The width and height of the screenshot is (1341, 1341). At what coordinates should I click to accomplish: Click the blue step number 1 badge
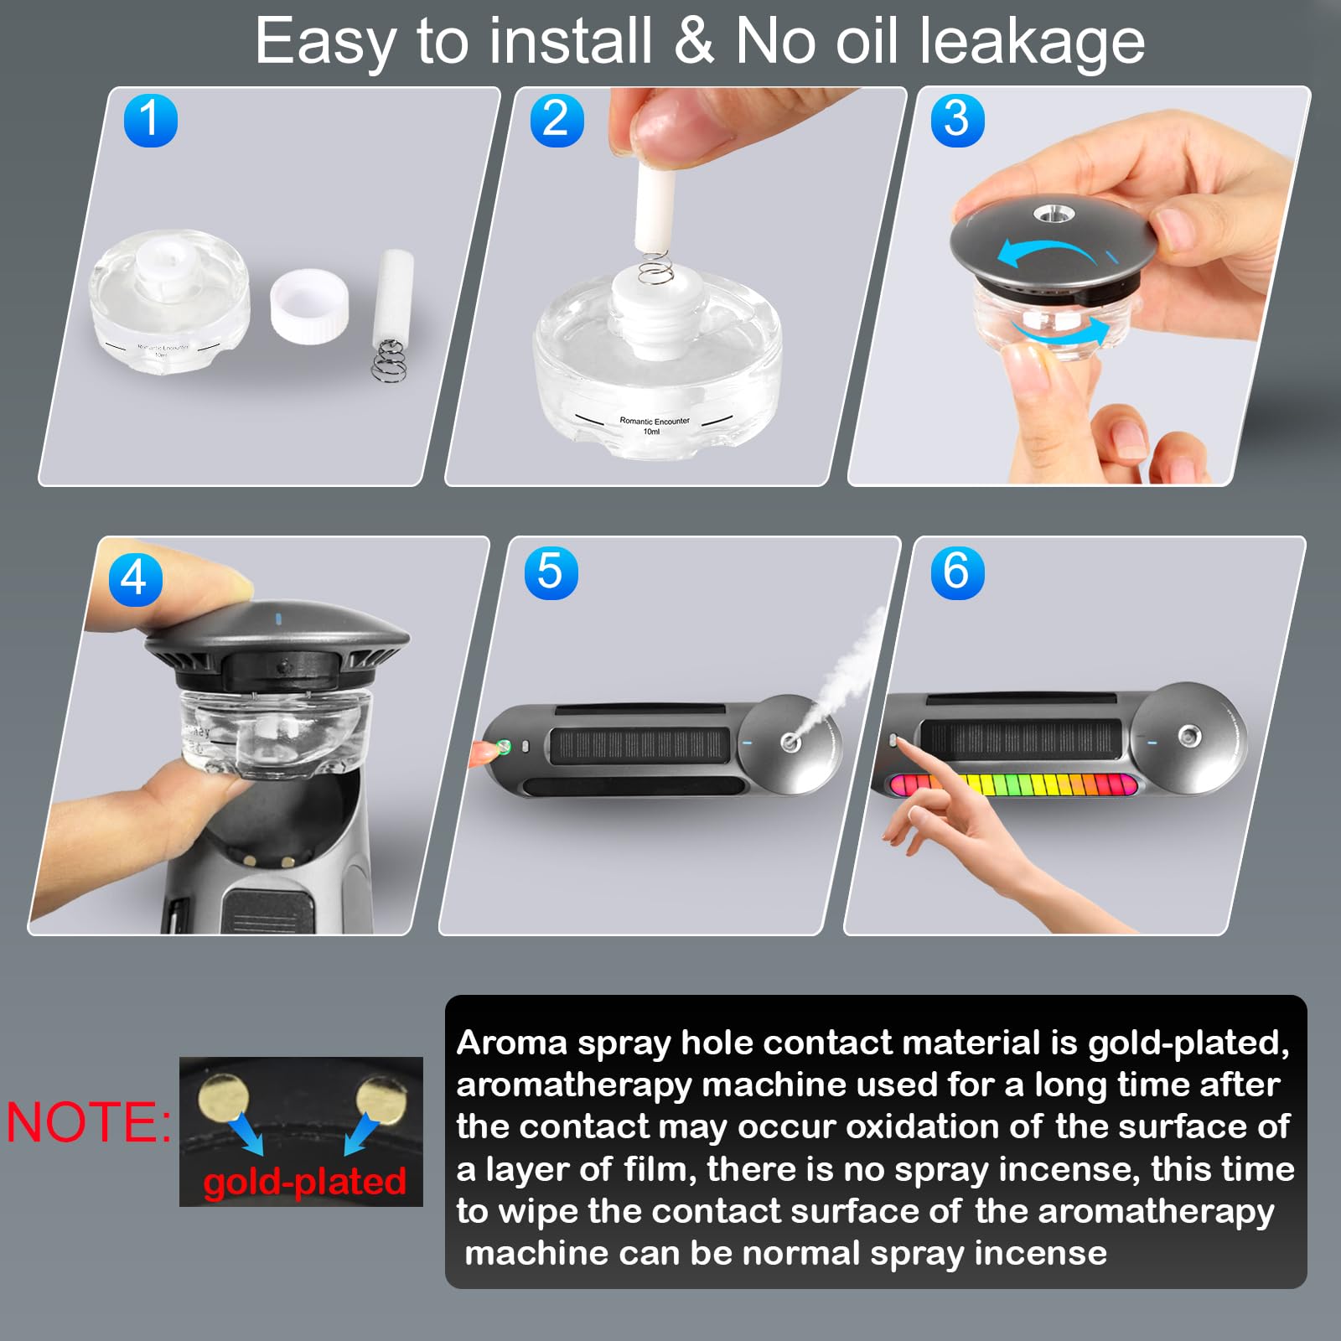click(151, 120)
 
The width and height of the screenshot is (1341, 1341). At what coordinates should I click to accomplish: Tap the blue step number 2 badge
click(557, 120)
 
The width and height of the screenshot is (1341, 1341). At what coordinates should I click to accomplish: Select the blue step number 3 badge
click(957, 120)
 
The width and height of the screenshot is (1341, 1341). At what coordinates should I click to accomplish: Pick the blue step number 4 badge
click(135, 578)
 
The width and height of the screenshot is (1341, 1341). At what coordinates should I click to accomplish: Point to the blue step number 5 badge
click(551, 572)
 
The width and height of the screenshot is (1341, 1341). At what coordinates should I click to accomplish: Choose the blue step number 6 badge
click(957, 572)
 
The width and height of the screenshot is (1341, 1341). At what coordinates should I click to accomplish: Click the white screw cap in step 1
click(309, 305)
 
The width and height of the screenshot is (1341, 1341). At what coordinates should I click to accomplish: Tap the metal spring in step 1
click(389, 360)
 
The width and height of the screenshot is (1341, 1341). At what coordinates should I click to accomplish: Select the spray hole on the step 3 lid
click(1046, 215)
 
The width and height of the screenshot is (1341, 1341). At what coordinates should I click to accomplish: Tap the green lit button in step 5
click(504, 746)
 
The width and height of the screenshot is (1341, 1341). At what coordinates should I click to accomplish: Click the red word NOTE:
click(88, 1123)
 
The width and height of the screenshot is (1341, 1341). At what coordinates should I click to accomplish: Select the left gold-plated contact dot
click(224, 1097)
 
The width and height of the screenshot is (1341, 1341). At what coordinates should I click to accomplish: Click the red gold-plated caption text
click(304, 1182)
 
